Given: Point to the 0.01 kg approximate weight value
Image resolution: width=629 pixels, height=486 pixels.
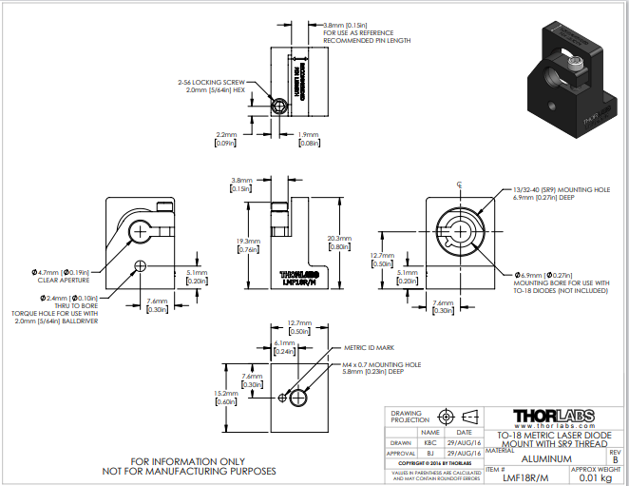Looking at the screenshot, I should pos(595,478).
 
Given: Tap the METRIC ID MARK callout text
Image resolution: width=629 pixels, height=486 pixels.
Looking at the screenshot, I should pos(369,349).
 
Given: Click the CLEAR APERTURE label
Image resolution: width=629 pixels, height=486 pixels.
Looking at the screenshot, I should pos(65,281).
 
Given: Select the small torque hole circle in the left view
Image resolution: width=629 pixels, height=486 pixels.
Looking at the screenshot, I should pos(141,265).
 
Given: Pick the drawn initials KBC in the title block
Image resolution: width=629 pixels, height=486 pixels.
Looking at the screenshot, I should pos(430,443).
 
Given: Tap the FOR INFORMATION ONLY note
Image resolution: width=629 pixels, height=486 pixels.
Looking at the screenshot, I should pos(189,461).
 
